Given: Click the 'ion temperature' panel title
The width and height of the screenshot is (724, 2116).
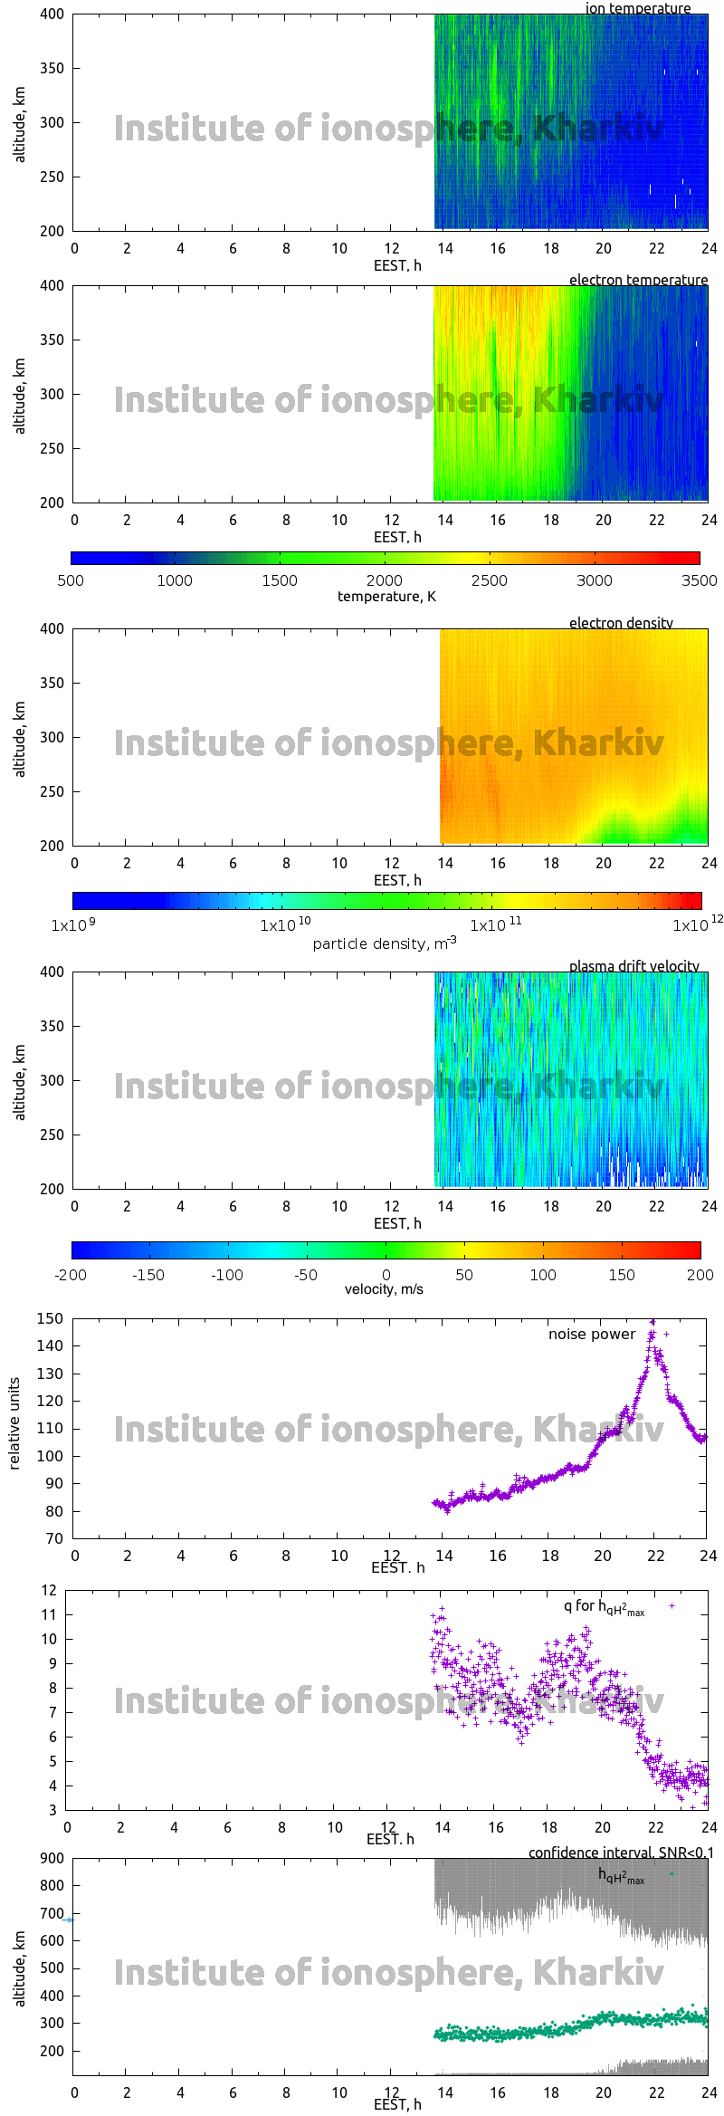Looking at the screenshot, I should [637, 8].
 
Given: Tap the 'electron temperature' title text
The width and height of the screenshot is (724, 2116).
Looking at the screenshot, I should [638, 280].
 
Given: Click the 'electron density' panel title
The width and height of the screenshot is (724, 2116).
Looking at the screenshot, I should [621, 623].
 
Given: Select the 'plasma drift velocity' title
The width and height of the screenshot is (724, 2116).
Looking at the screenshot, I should [633, 966].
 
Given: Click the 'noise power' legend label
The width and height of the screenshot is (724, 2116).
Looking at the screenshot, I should [592, 1334].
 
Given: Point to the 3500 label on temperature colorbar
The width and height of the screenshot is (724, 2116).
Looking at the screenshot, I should [699, 580].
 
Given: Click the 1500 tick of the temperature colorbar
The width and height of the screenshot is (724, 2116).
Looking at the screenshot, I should [280, 580].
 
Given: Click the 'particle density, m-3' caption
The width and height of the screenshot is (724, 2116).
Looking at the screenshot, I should [385, 943].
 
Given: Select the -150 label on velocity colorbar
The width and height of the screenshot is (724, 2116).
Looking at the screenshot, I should [148, 1275].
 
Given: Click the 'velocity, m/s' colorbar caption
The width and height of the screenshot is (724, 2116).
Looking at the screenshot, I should [384, 1288].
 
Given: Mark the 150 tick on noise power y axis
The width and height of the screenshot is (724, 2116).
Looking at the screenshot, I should [51, 1318].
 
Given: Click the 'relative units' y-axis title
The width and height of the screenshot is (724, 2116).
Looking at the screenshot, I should [14, 1424].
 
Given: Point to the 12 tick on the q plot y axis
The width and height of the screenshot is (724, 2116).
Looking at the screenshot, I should [49, 1590].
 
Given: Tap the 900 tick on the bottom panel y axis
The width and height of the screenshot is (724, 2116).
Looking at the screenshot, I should [52, 1858].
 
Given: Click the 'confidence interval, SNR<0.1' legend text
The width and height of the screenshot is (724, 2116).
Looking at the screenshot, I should [621, 1853].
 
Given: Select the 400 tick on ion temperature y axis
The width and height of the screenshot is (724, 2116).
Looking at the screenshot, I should [52, 14].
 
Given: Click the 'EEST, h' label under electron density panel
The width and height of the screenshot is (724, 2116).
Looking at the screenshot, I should [397, 880].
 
